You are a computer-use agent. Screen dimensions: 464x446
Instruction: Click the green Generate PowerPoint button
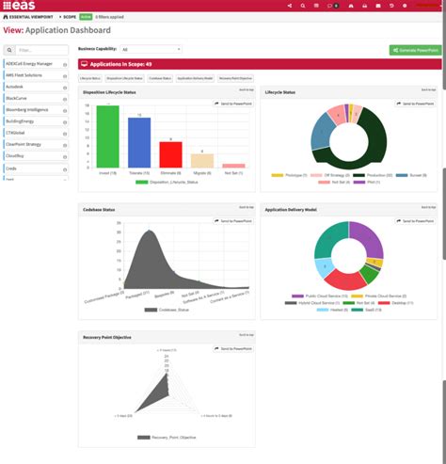pos(414,50)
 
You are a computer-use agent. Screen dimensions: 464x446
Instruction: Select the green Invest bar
pos(107,137)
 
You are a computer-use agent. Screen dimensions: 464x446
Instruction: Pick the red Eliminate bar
pos(170,154)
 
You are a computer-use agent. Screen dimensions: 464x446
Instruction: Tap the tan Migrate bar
pos(201,161)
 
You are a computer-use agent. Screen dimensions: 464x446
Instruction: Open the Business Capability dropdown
pos(151,49)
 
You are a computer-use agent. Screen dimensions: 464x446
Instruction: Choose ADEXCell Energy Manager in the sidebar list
pos(33,63)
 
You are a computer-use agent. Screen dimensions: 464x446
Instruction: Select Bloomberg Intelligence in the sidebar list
pos(32,109)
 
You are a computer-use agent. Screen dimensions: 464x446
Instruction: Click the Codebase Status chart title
pos(100,209)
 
